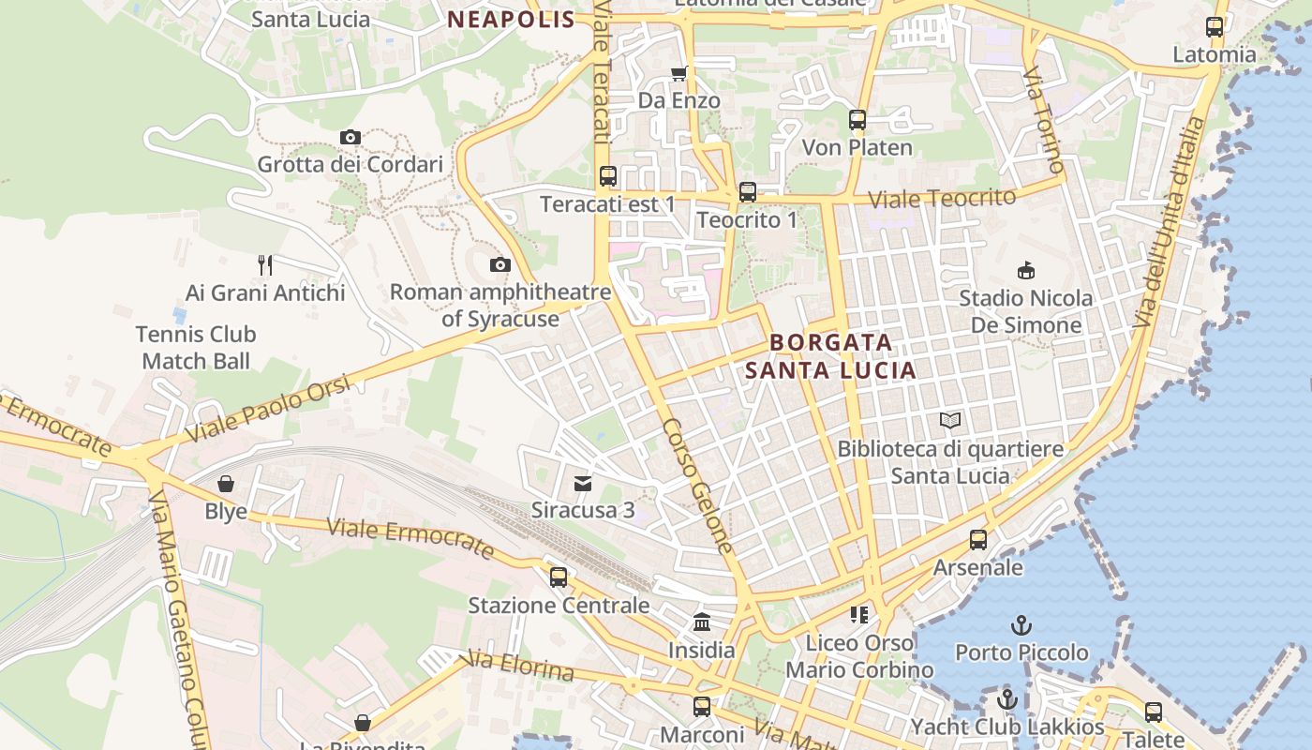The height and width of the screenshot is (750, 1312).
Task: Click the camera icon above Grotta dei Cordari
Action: point(350,138)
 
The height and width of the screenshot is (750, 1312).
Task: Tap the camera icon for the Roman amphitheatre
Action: point(500,265)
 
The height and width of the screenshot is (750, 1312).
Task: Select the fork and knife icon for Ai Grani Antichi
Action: point(265,265)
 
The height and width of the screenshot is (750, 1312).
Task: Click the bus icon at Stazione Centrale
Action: point(559,577)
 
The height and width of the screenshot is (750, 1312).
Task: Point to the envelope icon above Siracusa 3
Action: point(583,484)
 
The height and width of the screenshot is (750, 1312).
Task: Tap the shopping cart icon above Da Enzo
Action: point(678,73)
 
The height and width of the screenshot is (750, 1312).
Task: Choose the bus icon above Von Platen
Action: point(857,120)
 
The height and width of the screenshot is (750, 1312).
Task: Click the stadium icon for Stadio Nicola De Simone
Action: point(1026,271)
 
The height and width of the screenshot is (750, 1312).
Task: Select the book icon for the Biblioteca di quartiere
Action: point(950,421)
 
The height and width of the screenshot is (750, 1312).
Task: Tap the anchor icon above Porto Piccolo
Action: point(1021,624)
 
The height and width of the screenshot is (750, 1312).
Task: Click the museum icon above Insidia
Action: point(702,622)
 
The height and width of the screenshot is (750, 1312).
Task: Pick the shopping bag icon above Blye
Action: point(226,484)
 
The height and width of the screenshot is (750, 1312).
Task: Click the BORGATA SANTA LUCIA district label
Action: point(830,356)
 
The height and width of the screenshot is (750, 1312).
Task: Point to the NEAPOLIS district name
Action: point(511,20)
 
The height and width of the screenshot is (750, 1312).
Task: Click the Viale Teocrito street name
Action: point(942,199)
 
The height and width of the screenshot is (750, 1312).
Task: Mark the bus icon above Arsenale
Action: point(978,540)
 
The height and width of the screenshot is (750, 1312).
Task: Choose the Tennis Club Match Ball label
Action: point(196,347)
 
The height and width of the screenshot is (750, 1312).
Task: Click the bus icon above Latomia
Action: point(1215,27)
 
